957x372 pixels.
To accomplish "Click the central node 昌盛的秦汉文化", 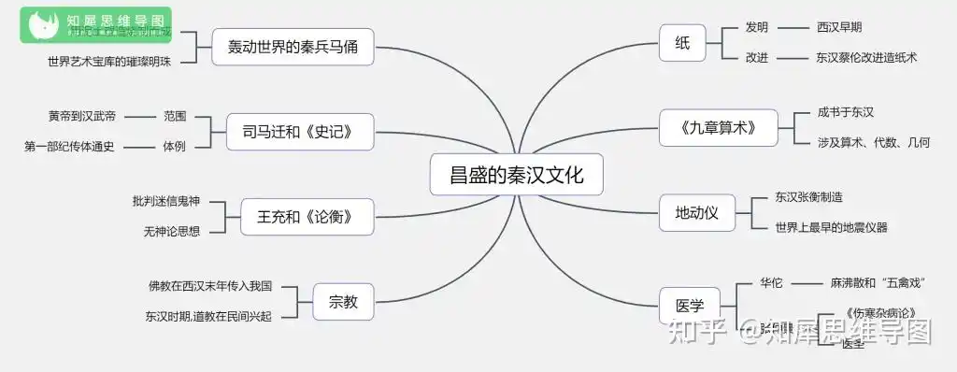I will (x=517, y=175).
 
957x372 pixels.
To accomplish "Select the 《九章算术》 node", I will (x=718, y=126).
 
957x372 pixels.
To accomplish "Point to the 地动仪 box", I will (x=696, y=212).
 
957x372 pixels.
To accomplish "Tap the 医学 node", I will (x=689, y=305).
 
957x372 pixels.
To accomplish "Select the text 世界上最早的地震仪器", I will (x=831, y=227).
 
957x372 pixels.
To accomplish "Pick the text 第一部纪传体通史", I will (x=69, y=146).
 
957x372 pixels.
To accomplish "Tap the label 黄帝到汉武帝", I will (x=82, y=116).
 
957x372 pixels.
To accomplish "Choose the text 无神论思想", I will (x=172, y=231).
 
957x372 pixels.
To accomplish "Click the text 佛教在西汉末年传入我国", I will (x=210, y=286).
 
